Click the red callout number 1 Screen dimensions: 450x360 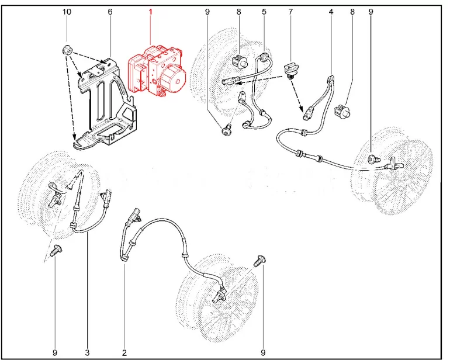(x=150, y=12)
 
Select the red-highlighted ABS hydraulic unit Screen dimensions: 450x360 (x=157, y=70)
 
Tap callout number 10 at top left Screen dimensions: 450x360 (x=67, y=12)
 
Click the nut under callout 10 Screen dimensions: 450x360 (x=67, y=50)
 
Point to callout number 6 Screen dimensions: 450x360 (x=110, y=12)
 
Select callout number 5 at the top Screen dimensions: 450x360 (x=264, y=12)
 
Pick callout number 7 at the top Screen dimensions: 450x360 (x=290, y=12)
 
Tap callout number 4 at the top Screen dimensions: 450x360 (x=331, y=12)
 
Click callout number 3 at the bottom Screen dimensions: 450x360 (x=87, y=352)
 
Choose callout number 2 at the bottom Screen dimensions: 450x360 (x=124, y=352)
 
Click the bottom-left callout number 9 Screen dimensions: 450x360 (x=55, y=352)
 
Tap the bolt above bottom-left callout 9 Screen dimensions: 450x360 (x=56, y=250)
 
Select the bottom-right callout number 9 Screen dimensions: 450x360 (x=263, y=352)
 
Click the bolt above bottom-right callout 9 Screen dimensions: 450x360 (x=259, y=261)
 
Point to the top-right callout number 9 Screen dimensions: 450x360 (x=371, y=12)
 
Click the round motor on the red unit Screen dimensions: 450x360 (x=172, y=78)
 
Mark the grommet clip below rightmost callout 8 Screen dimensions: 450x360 (x=342, y=112)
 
